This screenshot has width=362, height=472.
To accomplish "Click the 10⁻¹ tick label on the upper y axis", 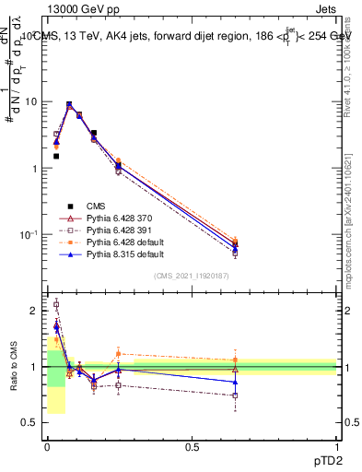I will click(x=28, y=235).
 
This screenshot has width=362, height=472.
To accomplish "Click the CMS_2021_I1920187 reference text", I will click(x=192, y=276).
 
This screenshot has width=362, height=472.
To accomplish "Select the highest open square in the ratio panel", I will click(x=56, y=304).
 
